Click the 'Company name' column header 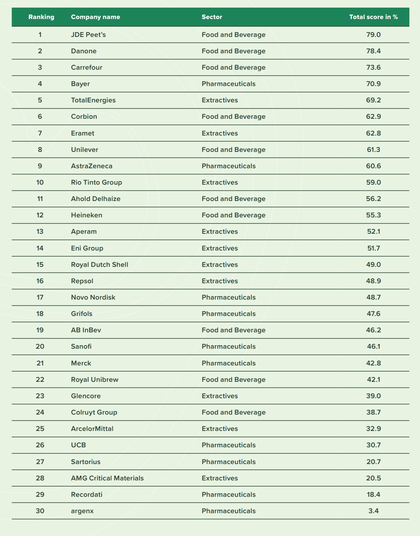tap(95, 17)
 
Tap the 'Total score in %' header tap(373, 17)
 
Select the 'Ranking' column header tap(41, 17)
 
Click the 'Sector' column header tap(212, 17)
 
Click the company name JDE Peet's tap(88, 35)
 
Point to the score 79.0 tap(373, 35)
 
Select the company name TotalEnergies tap(93, 100)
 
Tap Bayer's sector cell tap(229, 84)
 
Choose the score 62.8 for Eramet tap(373, 133)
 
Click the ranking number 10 tap(40, 182)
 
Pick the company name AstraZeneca tap(92, 166)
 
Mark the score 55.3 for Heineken tap(373, 215)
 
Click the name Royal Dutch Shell tap(100, 265)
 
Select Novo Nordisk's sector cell tap(229, 297)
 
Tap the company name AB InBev tap(86, 330)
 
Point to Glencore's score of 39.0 tap(373, 396)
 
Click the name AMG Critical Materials tap(107, 478)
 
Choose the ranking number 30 tap(40, 511)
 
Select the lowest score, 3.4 tap(373, 511)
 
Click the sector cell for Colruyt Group tap(234, 412)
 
